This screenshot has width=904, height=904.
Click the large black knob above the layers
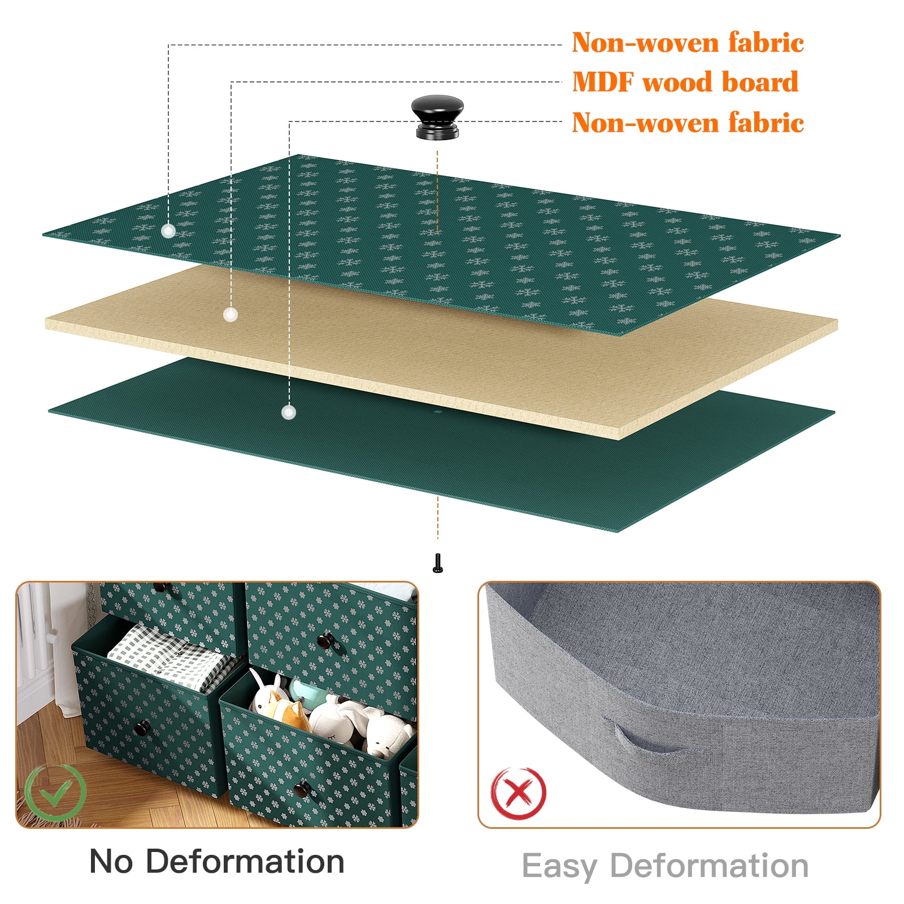437,117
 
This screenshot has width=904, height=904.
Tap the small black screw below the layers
437,563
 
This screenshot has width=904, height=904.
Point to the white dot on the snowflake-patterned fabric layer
168,231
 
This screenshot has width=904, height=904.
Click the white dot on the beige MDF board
231,315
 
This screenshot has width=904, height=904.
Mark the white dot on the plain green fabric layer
289,412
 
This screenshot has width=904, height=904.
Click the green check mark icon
55,793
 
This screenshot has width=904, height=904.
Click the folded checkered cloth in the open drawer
169,657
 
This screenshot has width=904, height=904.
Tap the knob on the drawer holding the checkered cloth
141,728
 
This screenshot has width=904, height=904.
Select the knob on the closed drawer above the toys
325,641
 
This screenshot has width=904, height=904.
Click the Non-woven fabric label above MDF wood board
688,42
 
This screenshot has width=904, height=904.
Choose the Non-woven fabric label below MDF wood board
688,123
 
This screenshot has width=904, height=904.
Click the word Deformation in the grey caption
710,866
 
